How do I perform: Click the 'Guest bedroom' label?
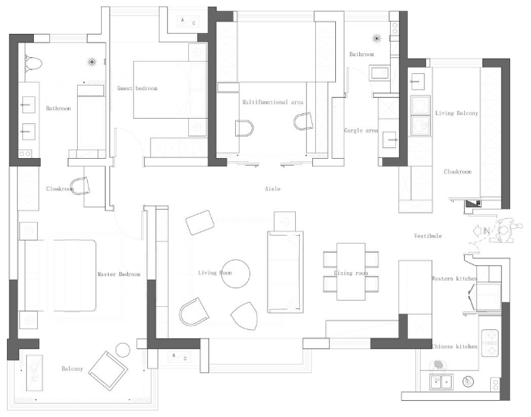pos(137,89)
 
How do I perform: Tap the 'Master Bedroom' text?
pos(119,274)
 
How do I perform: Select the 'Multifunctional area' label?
pos(273,102)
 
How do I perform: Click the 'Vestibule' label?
pos(428,236)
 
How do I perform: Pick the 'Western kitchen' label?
pos(454,278)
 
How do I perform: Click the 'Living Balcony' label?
pos(456,113)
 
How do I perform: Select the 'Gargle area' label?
pos(361,131)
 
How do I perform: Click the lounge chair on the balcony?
pos(108,370)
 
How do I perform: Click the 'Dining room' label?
pos(351,274)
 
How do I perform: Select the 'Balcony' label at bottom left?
pos(72,369)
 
